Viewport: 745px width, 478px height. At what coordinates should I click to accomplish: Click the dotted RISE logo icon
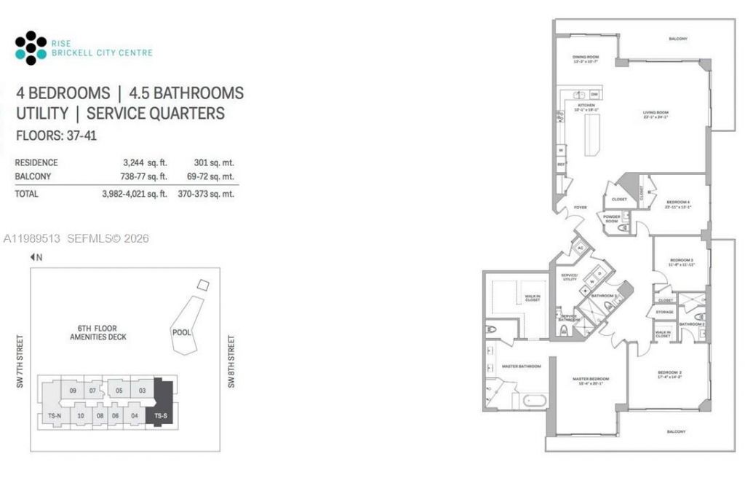(x=31, y=48)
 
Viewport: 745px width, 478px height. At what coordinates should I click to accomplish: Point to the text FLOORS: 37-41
(x=56, y=136)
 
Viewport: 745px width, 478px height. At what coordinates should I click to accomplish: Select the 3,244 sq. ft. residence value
(x=146, y=162)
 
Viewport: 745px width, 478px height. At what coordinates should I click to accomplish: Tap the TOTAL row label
(x=27, y=194)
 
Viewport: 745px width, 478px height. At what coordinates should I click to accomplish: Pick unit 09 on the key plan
(x=73, y=391)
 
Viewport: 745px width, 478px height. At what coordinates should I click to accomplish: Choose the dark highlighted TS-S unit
(x=159, y=415)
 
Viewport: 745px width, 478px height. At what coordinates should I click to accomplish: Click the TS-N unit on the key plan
(x=55, y=415)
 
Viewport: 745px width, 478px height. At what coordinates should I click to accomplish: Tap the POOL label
(x=181, y=332)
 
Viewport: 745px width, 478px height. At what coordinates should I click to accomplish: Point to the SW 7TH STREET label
(x=20, y=361)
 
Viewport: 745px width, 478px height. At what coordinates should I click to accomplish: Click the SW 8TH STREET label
(x=232, y=361)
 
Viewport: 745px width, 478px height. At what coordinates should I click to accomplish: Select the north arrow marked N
(x=36, y=257)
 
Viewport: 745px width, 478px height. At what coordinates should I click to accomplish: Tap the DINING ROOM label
(x=585, y=58)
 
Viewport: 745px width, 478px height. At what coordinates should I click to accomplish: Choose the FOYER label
(x=580, y=208)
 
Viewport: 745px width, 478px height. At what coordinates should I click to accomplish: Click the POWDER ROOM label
(x=611, y=219)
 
